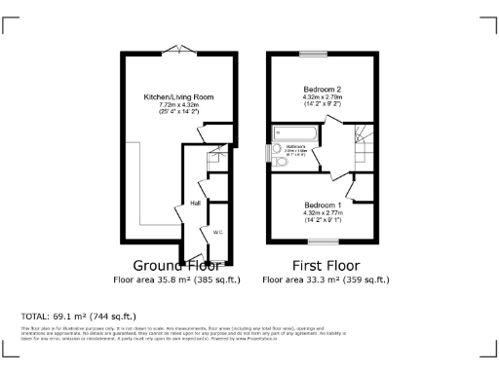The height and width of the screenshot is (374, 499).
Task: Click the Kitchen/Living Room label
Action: (178, 97)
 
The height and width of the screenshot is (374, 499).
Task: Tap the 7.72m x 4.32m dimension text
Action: (178, 105)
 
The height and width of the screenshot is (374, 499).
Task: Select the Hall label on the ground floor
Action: (195, 203)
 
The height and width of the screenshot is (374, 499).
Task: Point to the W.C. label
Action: (218, 231)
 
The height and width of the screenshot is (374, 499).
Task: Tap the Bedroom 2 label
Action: (322, 89)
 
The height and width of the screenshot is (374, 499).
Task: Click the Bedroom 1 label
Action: (322, 205)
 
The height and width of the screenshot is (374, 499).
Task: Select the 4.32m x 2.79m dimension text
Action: (322, 96)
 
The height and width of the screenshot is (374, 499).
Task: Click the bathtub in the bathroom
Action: (298, 133)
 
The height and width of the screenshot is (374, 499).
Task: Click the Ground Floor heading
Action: (176, 266)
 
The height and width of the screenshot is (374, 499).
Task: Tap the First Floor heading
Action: (326, 266)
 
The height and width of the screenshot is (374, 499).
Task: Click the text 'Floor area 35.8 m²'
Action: (146, 280)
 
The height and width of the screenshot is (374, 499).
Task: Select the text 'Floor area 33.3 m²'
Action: (295, 280)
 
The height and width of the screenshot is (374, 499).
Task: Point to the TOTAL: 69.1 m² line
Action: (78, 317)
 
